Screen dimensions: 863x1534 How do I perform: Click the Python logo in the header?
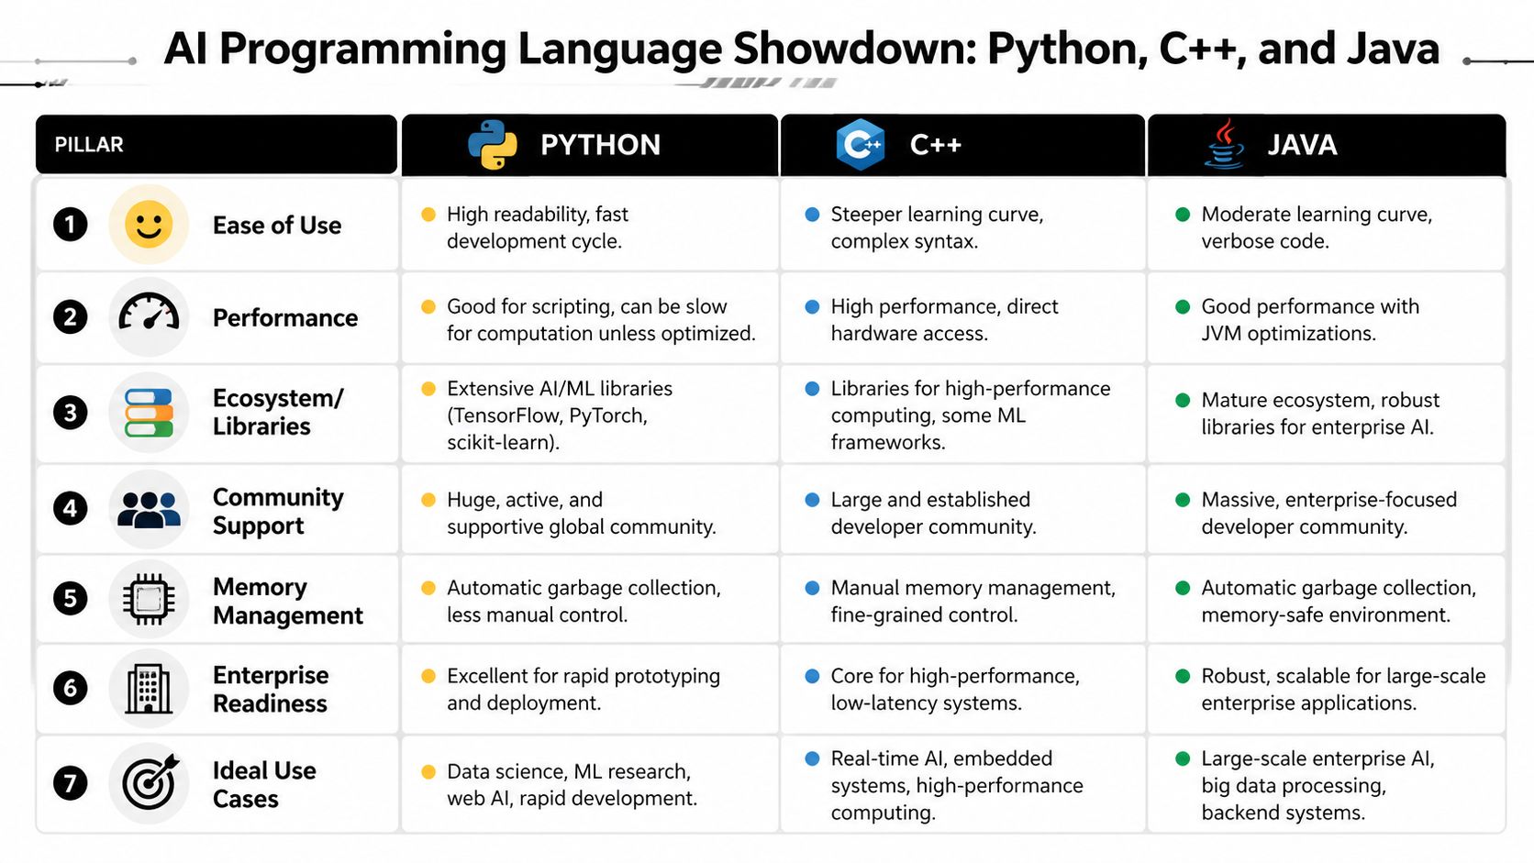[x=493, y=145]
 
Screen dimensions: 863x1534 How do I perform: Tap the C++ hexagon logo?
[x=860, y=145]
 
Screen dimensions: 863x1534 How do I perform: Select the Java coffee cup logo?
[x=1224, y=145]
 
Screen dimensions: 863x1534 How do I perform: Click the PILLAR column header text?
[x=89, y=145]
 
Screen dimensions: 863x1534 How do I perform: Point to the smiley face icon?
[x=149, y=225]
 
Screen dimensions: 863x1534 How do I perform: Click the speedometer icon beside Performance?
[x=149, y=316]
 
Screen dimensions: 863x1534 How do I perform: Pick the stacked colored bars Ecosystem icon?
[x=149, y=413]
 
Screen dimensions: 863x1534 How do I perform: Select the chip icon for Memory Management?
[x=149, y=600]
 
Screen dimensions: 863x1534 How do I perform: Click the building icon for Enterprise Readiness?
[x=149, y=689]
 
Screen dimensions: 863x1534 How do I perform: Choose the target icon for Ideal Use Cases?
[x=149, y=782]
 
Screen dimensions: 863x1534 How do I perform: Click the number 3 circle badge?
[x=71, y=413]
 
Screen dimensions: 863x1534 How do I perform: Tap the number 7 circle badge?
[x=71, y=783]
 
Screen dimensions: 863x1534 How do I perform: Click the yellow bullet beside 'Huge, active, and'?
[x=428, y=500]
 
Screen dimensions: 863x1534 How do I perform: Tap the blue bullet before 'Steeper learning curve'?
[x=812, y=215]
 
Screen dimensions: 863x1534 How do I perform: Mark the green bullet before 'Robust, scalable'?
[x=1183, y=677]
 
